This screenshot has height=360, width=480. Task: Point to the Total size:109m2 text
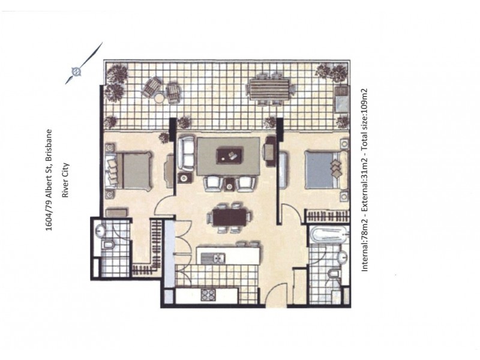(x=364, y=124)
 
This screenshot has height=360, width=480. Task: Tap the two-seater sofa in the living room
(x=187, y=154)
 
